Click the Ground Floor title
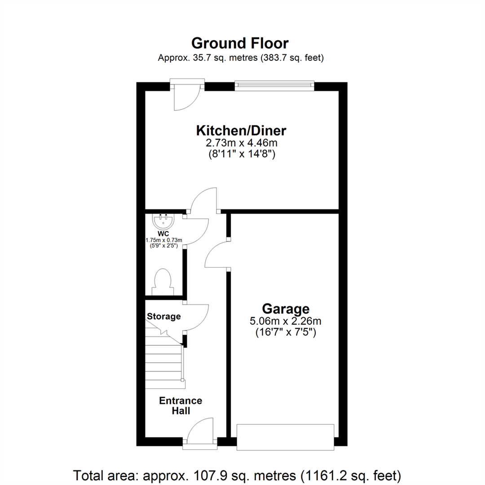(x=240, y=43)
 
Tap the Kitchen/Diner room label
(x=241, y=131)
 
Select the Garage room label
(x=286, y=309)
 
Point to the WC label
(x=163, y=234)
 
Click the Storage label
(x=164, y=316)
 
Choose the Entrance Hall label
(x=181, y=406)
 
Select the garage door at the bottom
(x=286, y=436)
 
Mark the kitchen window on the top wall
(x=274, y=85)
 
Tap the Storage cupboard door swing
(x=196, y=318)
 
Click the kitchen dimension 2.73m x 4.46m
(x=241, y=144)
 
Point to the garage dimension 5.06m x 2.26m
(x=286, y=321)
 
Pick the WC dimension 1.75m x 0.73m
(x=163, y=240)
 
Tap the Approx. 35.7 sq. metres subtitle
(x=241, y=58)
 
